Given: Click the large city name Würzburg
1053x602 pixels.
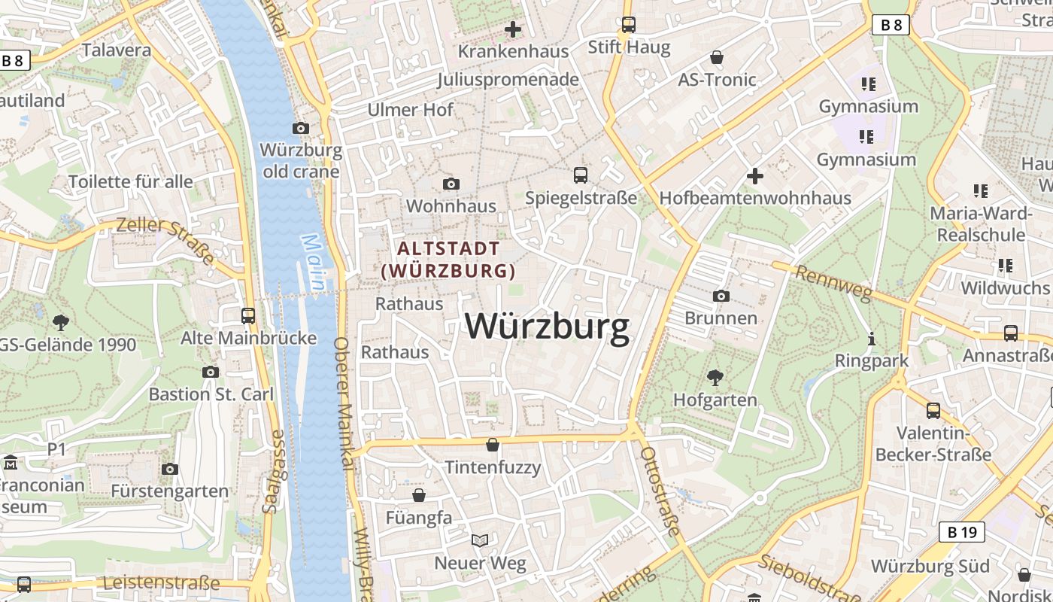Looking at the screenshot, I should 547,327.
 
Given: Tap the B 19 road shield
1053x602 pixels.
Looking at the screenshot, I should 962,533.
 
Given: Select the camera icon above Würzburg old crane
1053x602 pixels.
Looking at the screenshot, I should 301,128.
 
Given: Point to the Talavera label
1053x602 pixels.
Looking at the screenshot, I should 116,50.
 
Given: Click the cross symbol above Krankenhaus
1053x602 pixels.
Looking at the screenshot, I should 513,29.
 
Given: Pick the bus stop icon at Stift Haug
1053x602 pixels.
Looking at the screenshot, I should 629,25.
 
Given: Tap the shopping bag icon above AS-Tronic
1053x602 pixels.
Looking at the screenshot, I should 717,57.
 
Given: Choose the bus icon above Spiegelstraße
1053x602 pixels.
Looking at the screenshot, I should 581,175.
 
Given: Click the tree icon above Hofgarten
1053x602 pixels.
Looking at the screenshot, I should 715,377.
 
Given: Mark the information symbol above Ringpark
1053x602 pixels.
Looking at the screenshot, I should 872,339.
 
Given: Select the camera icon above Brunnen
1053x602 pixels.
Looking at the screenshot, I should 721,296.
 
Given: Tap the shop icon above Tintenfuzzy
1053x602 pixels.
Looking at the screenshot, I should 493,445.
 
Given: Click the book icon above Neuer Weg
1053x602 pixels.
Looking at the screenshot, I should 480,540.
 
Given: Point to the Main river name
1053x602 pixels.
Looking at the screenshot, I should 312,263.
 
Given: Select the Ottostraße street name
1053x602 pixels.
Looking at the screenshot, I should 660,491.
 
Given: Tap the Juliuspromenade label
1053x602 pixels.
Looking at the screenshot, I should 508,80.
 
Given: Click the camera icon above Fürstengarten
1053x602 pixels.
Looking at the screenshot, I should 170,469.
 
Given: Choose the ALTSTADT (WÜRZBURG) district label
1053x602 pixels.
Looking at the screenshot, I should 448,259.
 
